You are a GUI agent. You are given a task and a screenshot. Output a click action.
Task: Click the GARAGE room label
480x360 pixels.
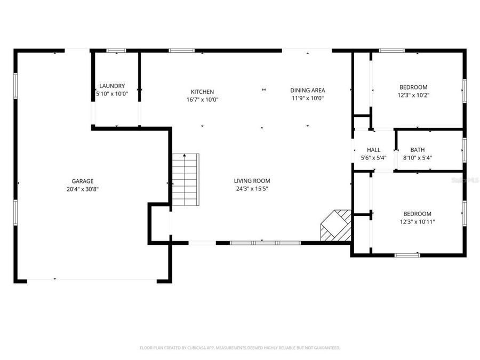[x=83, y=181]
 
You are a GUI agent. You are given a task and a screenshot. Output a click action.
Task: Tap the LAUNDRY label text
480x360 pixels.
[x=112, y=86]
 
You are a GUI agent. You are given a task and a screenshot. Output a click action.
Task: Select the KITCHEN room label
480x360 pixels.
[x=203, y=92]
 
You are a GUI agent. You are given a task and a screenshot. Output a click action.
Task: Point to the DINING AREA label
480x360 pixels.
[x=308, y=90]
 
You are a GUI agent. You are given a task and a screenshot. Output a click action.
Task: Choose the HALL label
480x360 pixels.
[x=373, y=150]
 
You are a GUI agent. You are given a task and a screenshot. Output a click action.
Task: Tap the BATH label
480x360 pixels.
[x=417, y=150]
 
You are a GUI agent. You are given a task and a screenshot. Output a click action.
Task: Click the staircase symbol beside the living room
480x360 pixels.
[x=185, y=179]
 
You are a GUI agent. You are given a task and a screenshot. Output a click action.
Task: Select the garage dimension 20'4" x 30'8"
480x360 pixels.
[x=83, y=189]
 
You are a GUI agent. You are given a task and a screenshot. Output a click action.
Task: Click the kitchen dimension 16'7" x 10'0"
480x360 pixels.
[x=203, y=99]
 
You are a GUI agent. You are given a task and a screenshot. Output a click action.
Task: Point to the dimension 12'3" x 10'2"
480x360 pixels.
[x=414, y=95]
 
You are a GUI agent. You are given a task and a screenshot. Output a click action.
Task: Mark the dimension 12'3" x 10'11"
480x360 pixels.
[x=417, y=221]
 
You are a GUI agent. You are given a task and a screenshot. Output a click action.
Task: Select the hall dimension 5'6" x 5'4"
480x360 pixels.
[x=373, y=158]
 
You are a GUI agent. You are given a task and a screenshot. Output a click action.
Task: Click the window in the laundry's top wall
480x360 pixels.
[x=116, y=51]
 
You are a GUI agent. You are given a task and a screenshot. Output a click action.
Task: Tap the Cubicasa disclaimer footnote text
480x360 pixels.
[x=240, y=348]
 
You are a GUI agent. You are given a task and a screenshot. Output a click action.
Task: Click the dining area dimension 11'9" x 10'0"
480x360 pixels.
[x=308, y=98]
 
